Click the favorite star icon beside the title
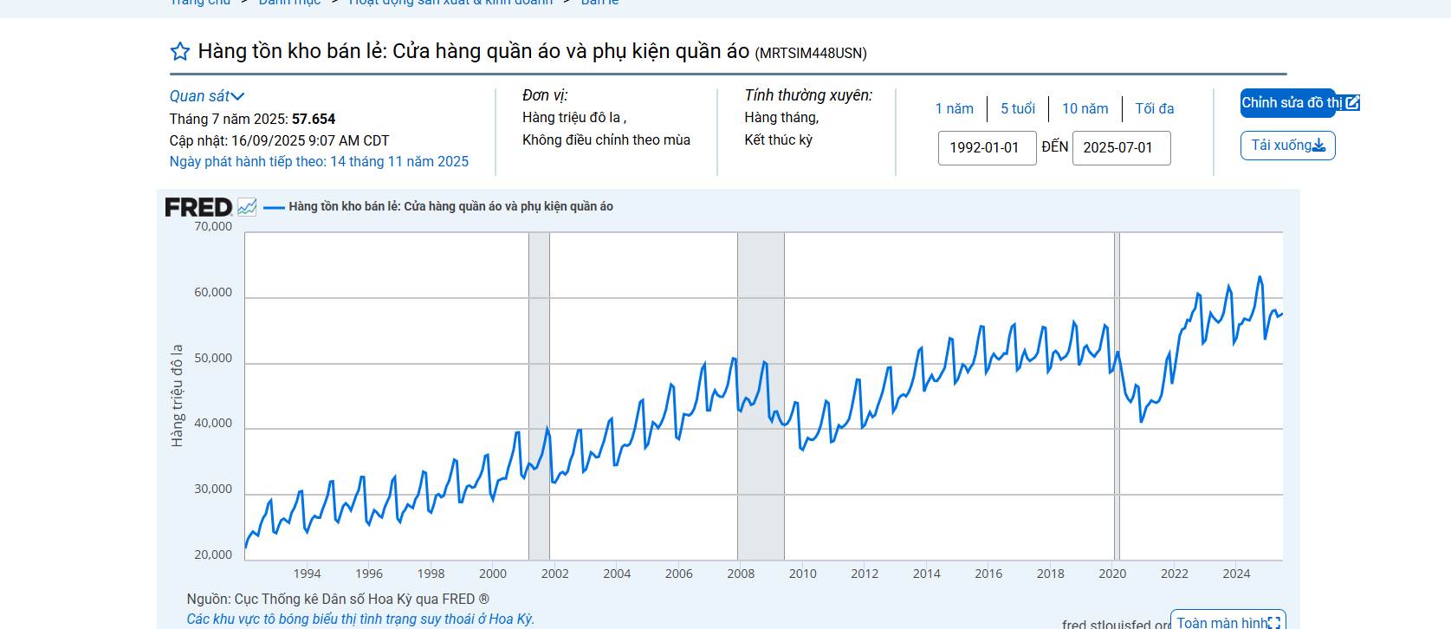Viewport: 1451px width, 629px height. (x=180, y=52)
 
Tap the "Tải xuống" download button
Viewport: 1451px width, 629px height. (x=1287, y=146)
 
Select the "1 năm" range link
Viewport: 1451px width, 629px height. (x=954, y=109)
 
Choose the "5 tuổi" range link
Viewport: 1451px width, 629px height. (x=1018, y=109)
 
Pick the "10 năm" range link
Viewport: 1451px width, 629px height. (x=1085, y=109)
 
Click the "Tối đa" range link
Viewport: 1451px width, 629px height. (x=1155, y=109)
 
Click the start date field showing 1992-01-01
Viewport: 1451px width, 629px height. (x=987, y=148)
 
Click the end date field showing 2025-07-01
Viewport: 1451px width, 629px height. (x=1121, y=148)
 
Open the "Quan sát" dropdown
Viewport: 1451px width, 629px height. (x=207, y=96)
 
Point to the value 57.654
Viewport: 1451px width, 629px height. (x=314, y=120)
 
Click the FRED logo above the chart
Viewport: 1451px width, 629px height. (x=198, y=207)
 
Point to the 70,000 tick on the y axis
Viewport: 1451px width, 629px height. (x=213, y=227)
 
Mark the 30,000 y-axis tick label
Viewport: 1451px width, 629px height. (x=213, y=490)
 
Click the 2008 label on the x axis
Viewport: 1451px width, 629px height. (x=741, y=574)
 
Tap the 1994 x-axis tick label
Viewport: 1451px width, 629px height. (x=307, y=574)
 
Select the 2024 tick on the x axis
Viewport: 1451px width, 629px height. (x=1236, y=574)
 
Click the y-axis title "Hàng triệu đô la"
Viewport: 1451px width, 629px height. (x=178, y=396)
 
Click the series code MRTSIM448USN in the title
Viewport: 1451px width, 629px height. (x=811, y=54)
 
